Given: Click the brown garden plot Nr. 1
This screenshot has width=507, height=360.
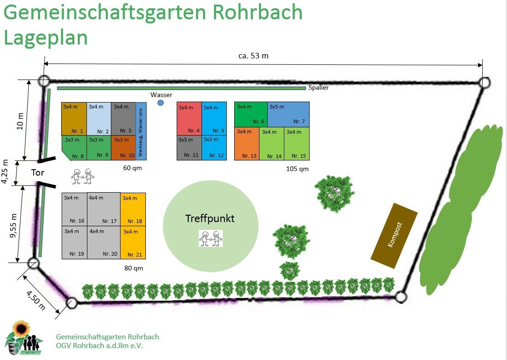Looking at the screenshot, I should point(74,119).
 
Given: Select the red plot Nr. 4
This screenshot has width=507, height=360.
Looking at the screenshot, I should point(189,119).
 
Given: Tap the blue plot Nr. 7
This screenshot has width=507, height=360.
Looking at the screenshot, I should point(288,114).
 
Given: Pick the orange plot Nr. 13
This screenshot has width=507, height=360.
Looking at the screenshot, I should point(247,143).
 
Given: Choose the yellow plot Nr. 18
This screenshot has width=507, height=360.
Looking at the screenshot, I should point(133,209).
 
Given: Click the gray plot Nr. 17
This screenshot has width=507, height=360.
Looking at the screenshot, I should point(104,209).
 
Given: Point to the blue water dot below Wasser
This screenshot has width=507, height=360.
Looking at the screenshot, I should point(161,103).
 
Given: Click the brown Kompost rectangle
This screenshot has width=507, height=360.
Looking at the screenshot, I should point(394,235).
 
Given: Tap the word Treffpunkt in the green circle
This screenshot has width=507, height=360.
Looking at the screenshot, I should point(210,218).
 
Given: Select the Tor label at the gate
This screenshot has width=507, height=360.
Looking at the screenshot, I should point(38,173).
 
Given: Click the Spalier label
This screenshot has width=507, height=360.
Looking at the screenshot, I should point(318,87).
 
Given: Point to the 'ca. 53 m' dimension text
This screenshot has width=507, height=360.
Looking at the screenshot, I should point(253,56).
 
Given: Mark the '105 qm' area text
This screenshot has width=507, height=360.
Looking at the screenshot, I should point(297,169).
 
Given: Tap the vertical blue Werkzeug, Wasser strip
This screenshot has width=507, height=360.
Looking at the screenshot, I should point(138,131).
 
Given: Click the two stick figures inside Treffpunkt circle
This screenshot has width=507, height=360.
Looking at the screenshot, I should point(211,239).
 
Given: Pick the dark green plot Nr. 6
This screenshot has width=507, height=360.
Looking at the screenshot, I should point(251,114).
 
